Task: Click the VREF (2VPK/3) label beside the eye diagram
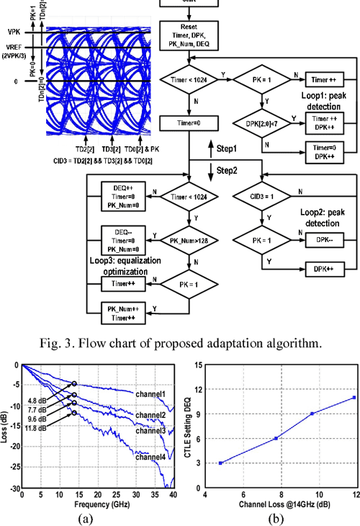coord(17,52)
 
